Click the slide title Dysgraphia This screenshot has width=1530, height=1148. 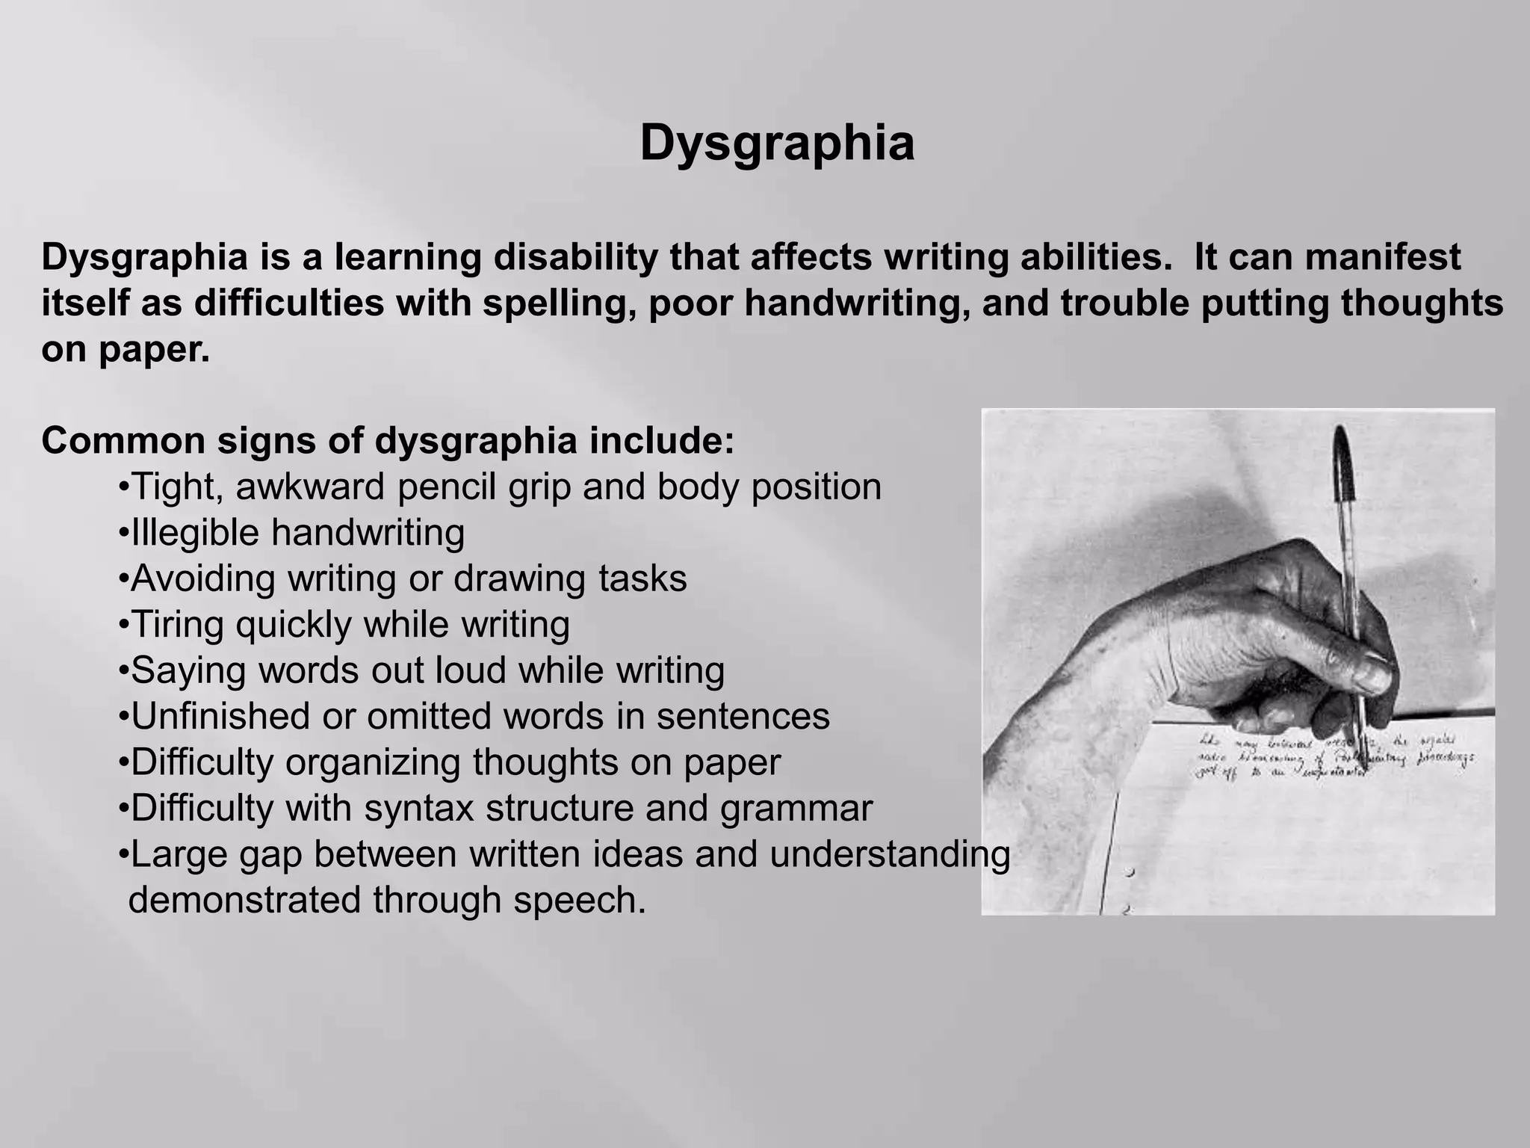(x=777, y=143)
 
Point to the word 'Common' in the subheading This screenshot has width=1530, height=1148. (x=123, y=440)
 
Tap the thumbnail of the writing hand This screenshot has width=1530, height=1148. (x=1237, y=661)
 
